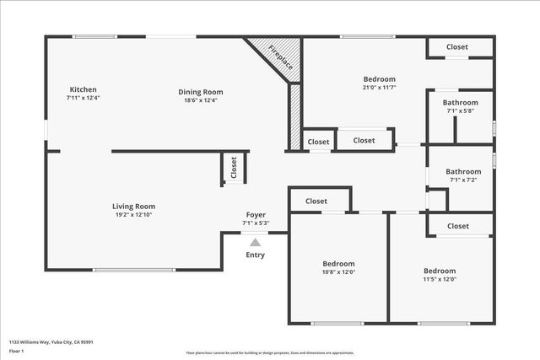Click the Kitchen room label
point(83,89)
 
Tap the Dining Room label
point(200,92)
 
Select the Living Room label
point(133,206)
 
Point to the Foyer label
point(256,214)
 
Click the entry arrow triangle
point(255,242)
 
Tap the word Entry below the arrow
point(255,255)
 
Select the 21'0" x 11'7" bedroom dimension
point(379,88)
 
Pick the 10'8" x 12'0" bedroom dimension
point(338,271)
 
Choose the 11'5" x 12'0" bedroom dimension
point(439,279)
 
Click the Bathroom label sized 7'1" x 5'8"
point(461,103)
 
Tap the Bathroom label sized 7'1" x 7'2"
point(463,171)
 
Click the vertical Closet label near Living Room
point(234,169)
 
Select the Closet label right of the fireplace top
point(456,47)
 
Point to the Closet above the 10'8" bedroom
point(316,201)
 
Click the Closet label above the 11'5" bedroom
point(458,226)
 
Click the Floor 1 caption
point(17,351)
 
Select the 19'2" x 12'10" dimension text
point(133,214)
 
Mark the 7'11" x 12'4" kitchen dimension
point(83,98)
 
